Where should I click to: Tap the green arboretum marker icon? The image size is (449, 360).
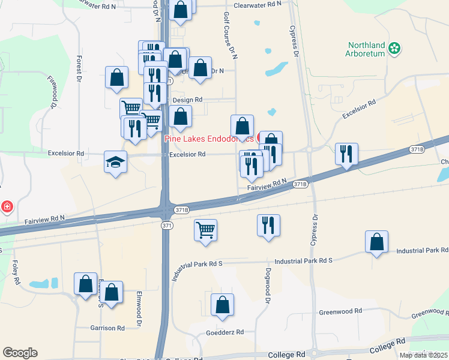[x=394, y=49]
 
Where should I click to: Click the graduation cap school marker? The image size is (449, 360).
[x=115, y=162]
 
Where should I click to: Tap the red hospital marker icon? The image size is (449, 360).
[x=7, y=208]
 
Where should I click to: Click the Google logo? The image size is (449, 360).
[x=20, y=353]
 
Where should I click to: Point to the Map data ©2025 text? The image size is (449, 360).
[x=423, y=355]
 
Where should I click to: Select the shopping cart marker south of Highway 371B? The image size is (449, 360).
[x=205, y=230]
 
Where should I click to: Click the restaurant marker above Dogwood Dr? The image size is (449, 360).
[x=268, y=226]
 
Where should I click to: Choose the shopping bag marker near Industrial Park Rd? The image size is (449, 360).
[x=376, y=242]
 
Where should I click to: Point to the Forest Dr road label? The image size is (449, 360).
[x=79, y=69]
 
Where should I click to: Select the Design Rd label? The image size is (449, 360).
[x=187, y=100]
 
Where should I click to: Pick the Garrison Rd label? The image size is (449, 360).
[x=107, y=328]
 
